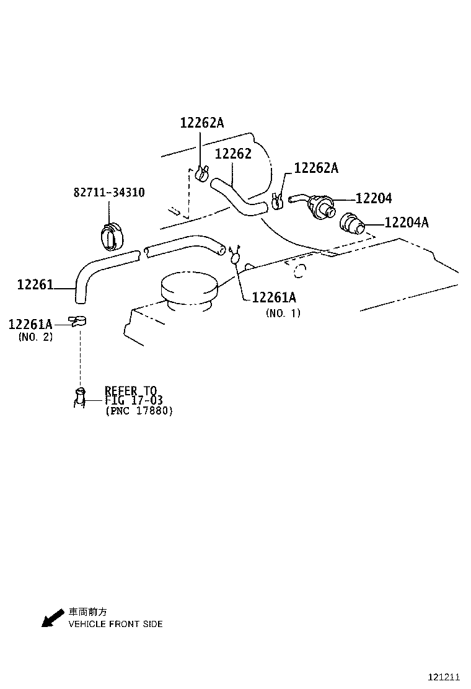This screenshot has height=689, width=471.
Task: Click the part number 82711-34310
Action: tap(109, 193)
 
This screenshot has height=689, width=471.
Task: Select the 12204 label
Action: tap(374, 198)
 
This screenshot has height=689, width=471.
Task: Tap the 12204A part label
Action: tap(406, 222)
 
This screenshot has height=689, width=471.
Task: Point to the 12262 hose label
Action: tap(233, 154)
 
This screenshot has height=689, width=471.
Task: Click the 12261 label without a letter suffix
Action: tap(35, 285)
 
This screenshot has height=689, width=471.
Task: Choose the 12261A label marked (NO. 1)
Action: tap(274, 298)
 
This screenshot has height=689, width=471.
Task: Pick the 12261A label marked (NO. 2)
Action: tap(30, 323)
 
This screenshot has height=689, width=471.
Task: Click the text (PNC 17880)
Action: tap(139, 411)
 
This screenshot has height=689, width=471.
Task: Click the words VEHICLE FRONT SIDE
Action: tap(115, 624)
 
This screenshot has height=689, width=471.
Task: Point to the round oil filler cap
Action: tap(189, 289)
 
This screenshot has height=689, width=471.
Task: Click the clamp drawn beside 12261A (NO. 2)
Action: tap(77, 321)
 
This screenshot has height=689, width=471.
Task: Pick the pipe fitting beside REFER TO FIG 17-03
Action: tap(80, 397)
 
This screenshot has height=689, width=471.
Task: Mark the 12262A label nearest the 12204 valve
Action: tap(316, 169)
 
